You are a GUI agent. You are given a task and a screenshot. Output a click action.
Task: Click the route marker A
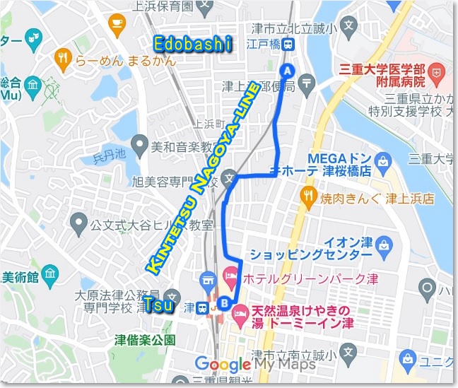(x=287, y=70)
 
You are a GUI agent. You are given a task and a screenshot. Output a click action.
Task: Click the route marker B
(x=225, y=305)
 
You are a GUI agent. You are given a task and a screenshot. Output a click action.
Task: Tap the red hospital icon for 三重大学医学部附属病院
(x=437, y=71)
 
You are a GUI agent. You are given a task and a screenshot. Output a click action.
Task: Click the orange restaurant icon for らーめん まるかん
(x=63, y=57)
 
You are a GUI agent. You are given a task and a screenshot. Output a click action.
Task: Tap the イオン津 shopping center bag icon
(x=384, y=247)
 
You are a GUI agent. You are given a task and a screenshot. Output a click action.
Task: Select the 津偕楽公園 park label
(x=145, y=339)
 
